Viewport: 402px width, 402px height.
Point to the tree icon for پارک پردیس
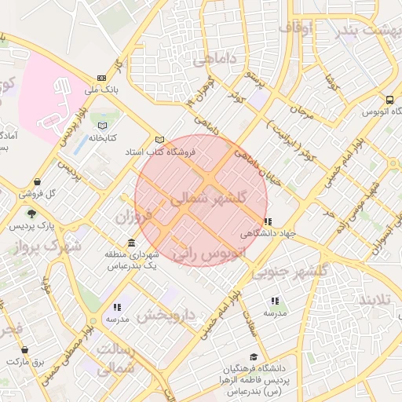tap(31, 214)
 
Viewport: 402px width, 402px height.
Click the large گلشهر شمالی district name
tap(208, 199)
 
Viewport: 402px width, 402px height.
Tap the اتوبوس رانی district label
tap(207, 254)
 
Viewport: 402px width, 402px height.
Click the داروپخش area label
tap(171, 316)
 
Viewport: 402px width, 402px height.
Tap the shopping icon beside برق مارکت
tap(25, 349)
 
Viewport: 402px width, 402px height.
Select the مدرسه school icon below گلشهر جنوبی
tap(275, 301)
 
